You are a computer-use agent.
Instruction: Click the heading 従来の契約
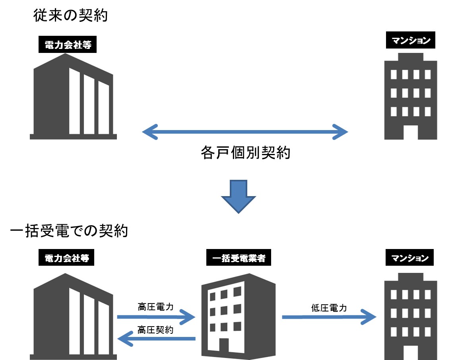pos(71,16)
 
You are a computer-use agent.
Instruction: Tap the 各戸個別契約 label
pos(246,153)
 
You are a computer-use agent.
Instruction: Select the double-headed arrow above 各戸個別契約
pos(245,132)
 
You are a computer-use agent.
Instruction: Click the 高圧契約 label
pos(156,330)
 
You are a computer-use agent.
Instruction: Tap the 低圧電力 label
pos(329,308)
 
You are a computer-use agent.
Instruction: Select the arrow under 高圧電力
pos(156,317)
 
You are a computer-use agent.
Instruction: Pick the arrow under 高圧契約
pos(156,339)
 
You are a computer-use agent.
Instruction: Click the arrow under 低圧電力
pos(329,317)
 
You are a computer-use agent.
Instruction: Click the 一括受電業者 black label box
pos(239,259)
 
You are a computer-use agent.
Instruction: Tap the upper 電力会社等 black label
pos(68,45)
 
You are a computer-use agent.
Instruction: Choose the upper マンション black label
pos(411,40)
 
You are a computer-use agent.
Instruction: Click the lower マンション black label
pos(410,259)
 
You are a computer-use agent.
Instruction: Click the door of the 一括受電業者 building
pos(224,347)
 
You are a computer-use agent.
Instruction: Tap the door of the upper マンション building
pos(411,132)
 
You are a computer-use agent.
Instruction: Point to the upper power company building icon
pos(73,96)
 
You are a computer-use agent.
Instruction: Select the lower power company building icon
pos(73,316)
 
